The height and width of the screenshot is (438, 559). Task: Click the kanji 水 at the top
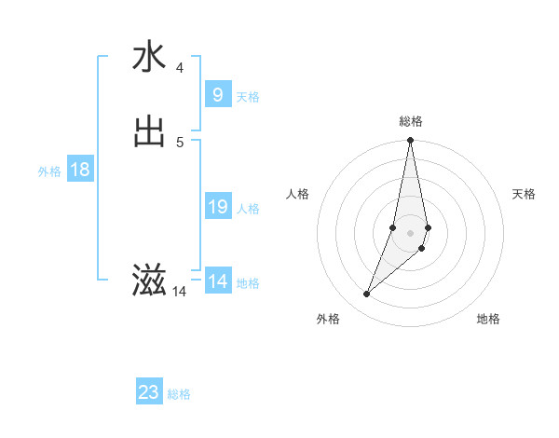(149, 58)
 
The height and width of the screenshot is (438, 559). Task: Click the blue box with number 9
(217, 95)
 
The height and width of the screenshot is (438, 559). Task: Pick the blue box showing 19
(217, 207)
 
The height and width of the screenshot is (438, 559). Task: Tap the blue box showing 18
(80, 170)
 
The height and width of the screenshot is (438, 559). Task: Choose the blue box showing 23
(149, 392)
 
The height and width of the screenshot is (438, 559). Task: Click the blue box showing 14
(217, 281)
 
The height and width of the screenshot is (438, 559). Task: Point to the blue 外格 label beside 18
(49, 171)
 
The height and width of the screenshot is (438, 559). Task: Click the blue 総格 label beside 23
(179, 394)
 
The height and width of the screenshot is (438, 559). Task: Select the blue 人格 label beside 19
(248, 209)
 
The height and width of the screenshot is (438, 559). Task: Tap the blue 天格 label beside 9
(248, 97)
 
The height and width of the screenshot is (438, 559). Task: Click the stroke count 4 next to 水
(180, 67)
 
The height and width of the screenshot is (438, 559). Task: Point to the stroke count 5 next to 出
(180, 142)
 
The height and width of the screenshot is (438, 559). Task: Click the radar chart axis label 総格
(411, 121)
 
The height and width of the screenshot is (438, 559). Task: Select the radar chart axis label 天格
(525, 194)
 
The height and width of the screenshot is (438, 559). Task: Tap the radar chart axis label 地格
(488, 319)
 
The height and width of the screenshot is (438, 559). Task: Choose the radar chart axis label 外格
(328, 319)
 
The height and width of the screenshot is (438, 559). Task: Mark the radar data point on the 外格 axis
(367, 294)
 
